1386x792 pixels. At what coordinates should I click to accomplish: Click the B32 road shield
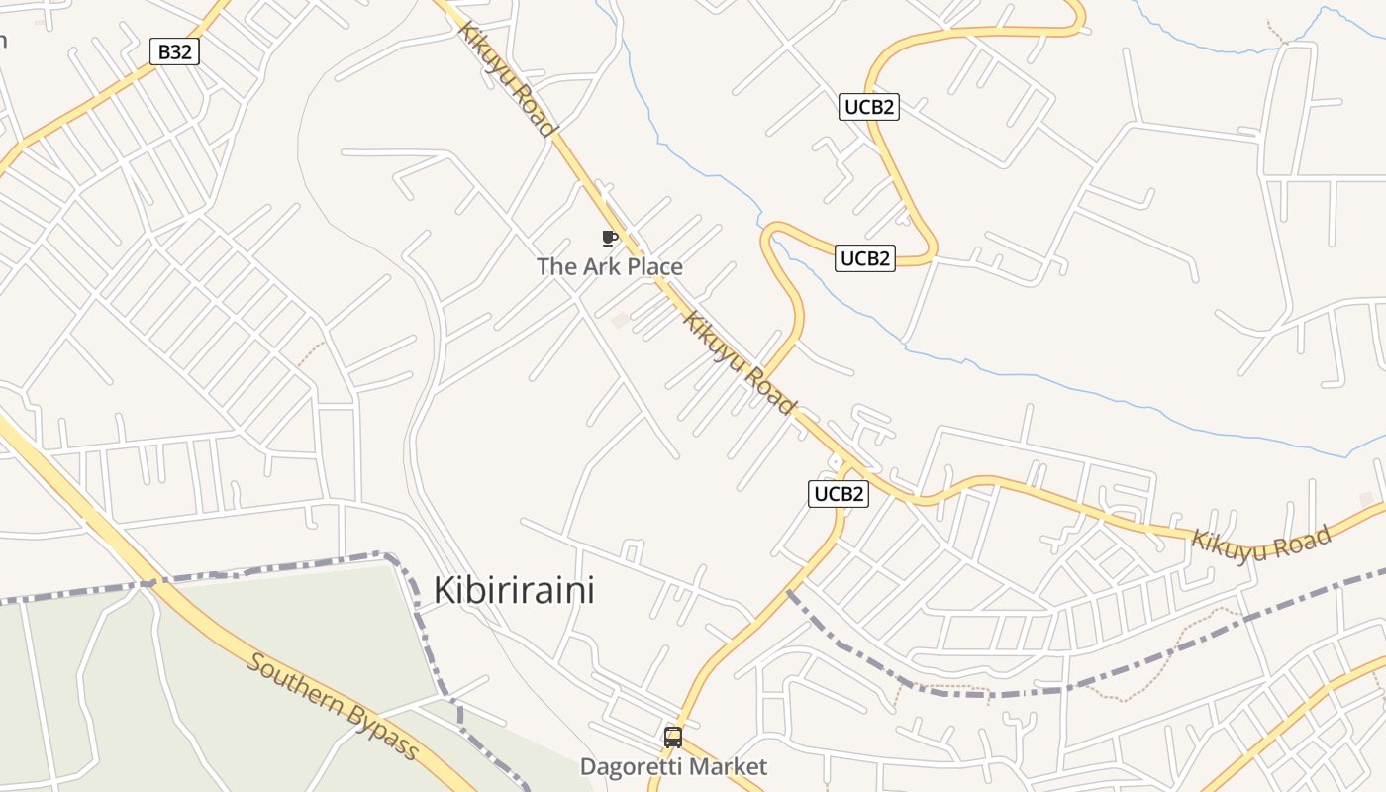click(x=175, y=51)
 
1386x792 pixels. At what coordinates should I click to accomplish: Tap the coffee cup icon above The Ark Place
click(x=610, y=238)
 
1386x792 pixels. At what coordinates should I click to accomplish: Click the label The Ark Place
click(x=610, y=266)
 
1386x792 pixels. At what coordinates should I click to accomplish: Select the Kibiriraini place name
click(x=515, y=590)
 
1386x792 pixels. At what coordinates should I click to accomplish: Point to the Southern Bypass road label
click(x=333, y=706)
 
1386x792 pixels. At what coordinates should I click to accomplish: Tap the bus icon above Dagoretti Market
click(x=673, y=738)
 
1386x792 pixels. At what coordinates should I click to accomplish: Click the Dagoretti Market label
click(x=673, y=767)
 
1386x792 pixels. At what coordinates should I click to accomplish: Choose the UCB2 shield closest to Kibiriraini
click(x=839, y=494)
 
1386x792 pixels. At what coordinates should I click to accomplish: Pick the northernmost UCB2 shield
click(x=869, y=107)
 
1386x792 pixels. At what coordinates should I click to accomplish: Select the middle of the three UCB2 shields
click(x=865, y=259)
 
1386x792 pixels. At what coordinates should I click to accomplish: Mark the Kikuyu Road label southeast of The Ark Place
click(x=739, y=363)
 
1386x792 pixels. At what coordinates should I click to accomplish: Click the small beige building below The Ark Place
click(x=621, y=320)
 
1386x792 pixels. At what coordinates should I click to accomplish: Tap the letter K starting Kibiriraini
click(x=445, y=590)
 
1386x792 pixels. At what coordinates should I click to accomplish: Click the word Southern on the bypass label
click(x=296, y=683)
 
